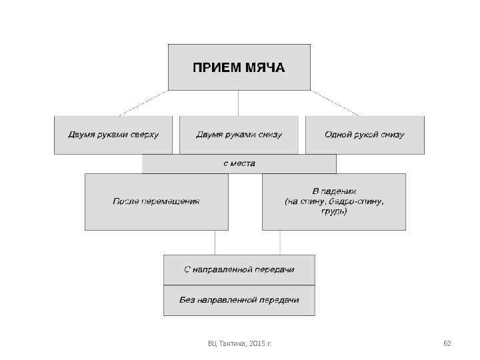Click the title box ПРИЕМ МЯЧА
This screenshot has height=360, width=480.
pos(239,67)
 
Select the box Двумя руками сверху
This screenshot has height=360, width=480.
pos(113,135)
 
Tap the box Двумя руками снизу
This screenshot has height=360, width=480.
pos(239,135)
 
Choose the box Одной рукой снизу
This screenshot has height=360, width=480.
pos(365,135)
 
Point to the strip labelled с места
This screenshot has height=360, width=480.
pos(239,163)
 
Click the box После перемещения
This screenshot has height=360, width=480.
pos(156,201)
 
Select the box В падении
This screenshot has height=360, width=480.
pos(333,201)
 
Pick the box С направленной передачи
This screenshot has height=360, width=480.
pos(239,269)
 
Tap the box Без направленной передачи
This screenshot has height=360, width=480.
pos(239,300)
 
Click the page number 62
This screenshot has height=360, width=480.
pos(447,343)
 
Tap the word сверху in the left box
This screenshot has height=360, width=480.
pos(144,135)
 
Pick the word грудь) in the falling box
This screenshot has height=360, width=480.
pos(334,211)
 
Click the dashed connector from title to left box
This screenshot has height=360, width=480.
pos(144,103)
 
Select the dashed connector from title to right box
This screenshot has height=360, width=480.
pos(335,103)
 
